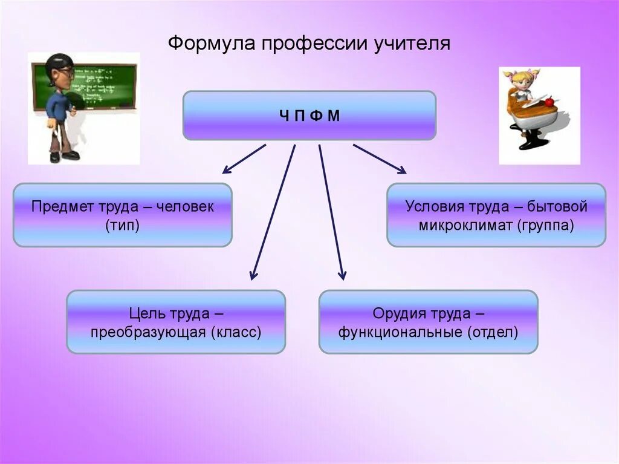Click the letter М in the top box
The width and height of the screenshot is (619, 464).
pos(334,116)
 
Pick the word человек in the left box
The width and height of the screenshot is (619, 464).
pos(186,207)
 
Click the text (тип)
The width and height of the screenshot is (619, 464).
pos(122,226)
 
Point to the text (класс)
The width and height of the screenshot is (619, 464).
pos(236,332)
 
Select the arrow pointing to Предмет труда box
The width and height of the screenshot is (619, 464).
pos(243,158)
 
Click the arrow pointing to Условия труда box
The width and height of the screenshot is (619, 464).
pos(380,158)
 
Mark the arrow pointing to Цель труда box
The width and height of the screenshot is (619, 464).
pos(273,212)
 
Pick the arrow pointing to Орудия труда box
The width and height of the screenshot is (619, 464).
pos(331,212)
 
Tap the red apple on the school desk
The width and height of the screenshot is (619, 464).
pos(549,102)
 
